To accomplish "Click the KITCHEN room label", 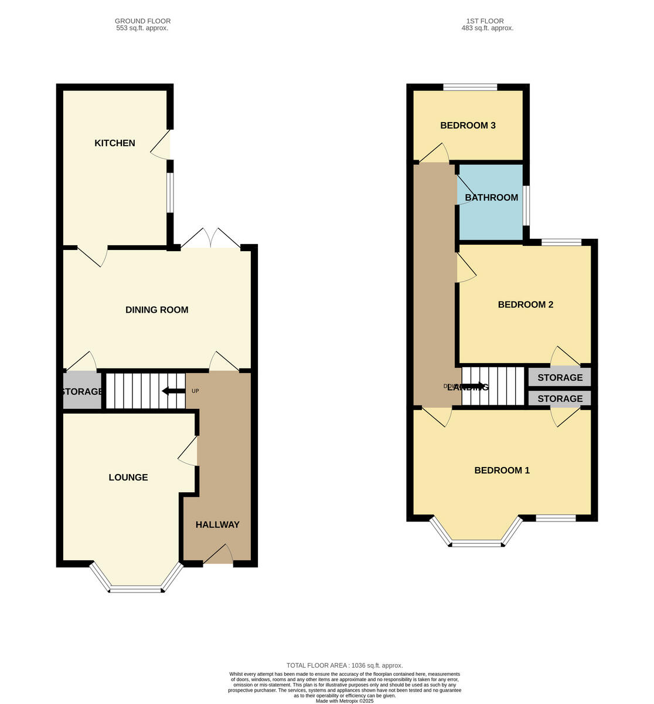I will tap(115, 143).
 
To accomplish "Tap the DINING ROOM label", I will tap(157, 310).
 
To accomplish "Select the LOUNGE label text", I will tap(128, 478).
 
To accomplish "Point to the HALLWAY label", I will tap(217, 524).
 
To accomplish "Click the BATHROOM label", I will tap(492, 198).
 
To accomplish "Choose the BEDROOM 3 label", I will tap(468, 126).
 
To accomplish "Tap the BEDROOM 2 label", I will tap(526, 304).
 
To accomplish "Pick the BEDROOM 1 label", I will tap(502, 471).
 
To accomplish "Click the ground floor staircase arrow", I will tap(173, 391).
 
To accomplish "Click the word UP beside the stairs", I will tap(195, 391).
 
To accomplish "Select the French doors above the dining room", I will tap(210, 239).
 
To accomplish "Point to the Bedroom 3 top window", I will tap(470, 87).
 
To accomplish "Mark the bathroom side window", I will tap(526, 205).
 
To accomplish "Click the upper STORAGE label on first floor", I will tap(560, 378).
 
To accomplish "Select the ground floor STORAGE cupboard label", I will tap(81, 391).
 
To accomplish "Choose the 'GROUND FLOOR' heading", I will tap(142, 21).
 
